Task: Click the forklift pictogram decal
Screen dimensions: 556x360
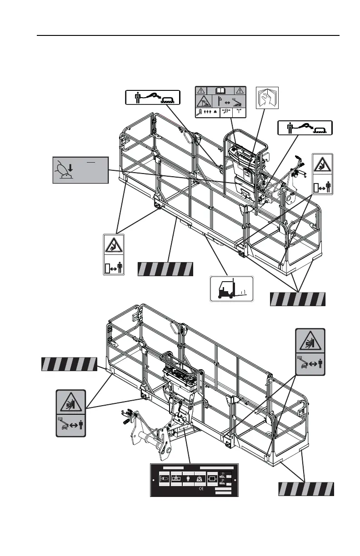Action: pyautogui.click(x=231, y=288)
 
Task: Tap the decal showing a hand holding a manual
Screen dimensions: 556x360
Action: pyautogui.click(x=266, y=99)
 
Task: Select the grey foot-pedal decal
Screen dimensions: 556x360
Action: pyautogui.click(x=80, y=170)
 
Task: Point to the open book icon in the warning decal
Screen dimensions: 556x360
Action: pyautogui.click(x=220, y=90)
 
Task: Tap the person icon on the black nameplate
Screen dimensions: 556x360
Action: pyautogui.click(x=188, y=478)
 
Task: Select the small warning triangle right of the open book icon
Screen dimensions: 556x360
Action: pyautogui.click(x=240, y=90)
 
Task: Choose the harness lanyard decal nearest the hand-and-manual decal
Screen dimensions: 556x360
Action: pyautogui.click(x=305, y=128)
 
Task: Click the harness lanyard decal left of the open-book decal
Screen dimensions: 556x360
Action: pyautogui.click(x=152, y=97)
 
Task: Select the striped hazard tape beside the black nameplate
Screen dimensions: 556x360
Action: pyautogui.click(x=306, y=489)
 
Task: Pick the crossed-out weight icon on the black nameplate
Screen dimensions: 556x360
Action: pyautogui.click(x=199, y=478)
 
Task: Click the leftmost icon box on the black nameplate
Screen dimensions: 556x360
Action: pyautogui.click(x=164, y=478)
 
